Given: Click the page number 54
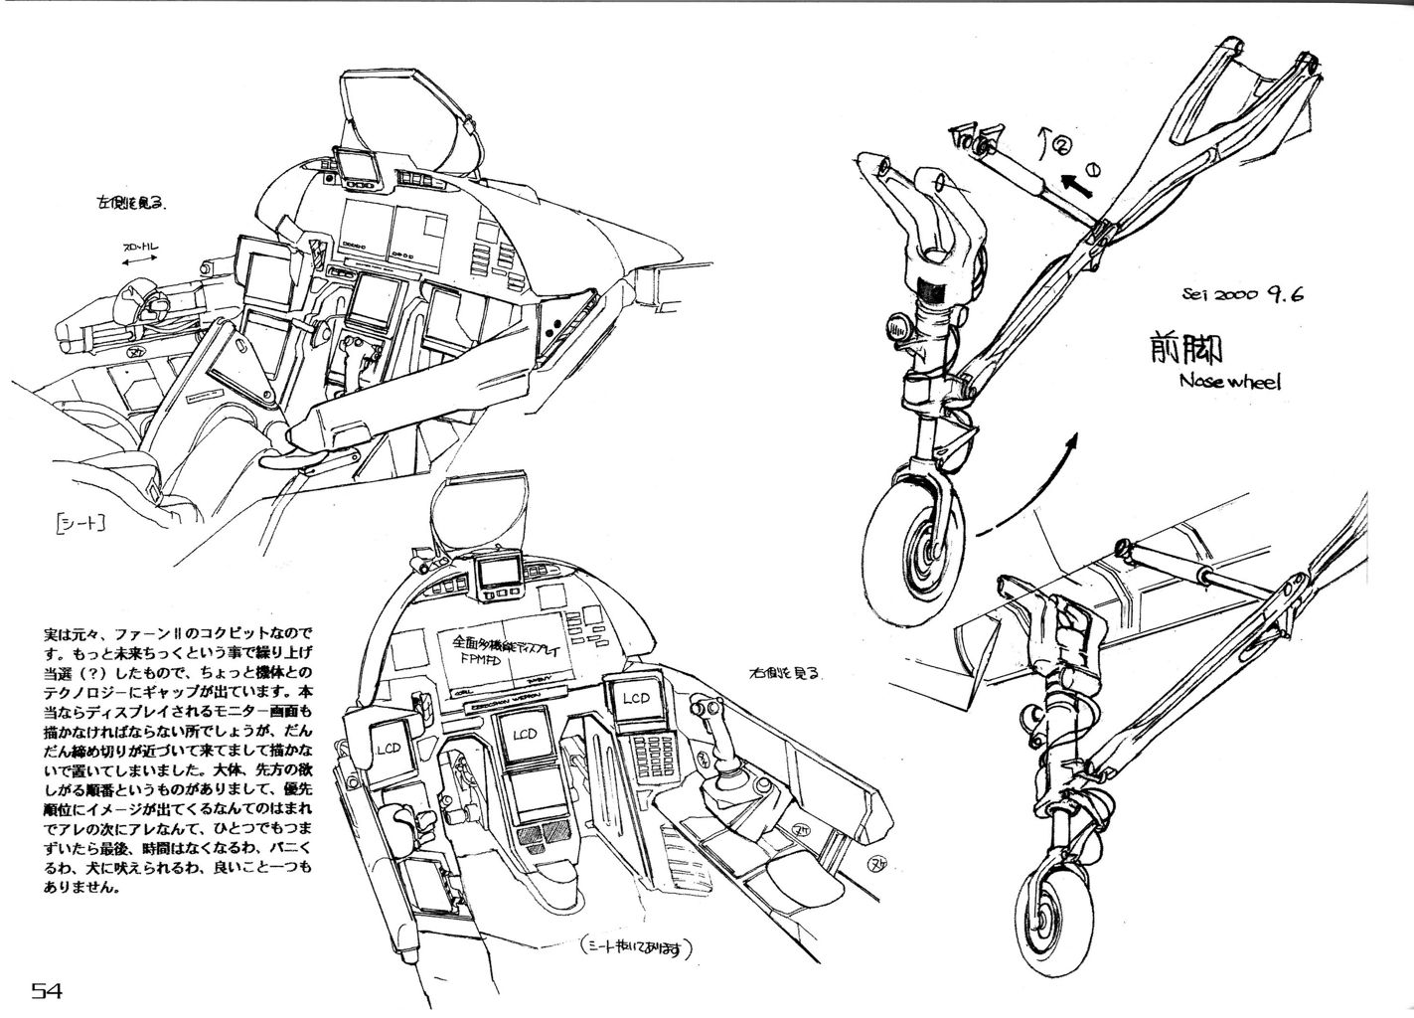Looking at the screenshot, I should click(x=48, y=991).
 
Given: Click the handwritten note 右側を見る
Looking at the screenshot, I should click(x=785, y=673).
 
